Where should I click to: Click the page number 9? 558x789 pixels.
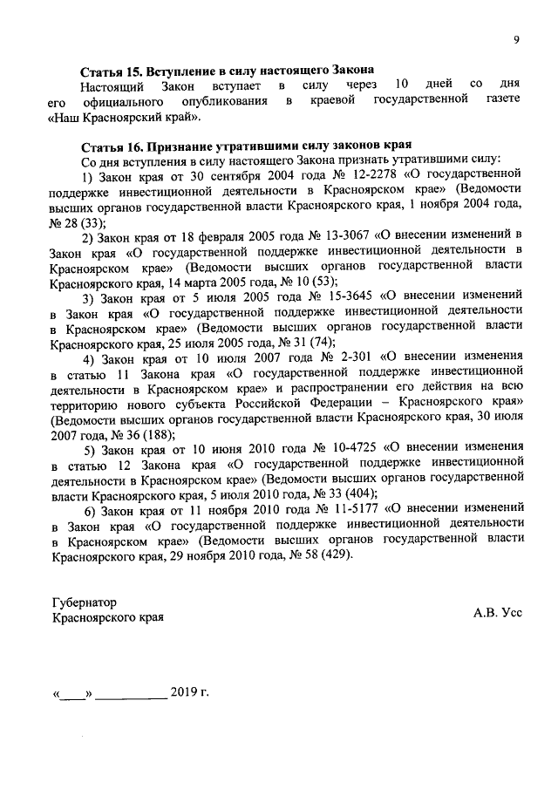tap(516, 39)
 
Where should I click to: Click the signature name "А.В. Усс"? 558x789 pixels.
tap(498, 613)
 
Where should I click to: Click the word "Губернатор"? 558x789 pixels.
tap(84, 602)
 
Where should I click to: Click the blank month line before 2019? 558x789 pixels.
tap(131, 696)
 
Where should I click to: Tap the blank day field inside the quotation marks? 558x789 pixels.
tap(73, 696)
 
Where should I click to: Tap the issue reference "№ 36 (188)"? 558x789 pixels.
tap(140, 433)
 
